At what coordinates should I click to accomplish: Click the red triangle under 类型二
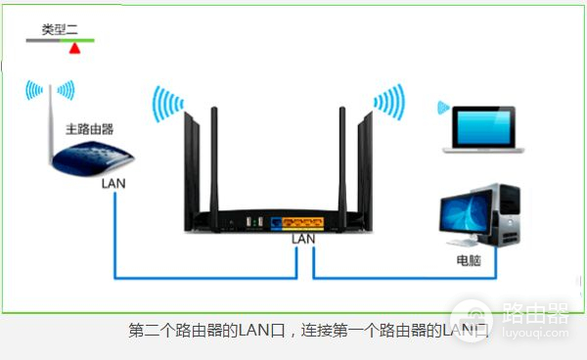73,47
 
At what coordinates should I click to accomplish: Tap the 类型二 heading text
59,29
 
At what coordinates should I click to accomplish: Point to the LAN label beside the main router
113,183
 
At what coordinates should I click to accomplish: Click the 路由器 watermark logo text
533,313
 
